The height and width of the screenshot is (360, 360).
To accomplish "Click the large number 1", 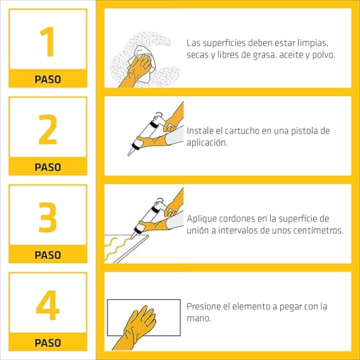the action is coord(47,42).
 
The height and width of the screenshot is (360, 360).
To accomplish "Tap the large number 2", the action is coord(47,130).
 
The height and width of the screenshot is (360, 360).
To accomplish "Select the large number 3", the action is coord(47,217).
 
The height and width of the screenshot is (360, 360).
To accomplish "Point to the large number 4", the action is coord(47,305).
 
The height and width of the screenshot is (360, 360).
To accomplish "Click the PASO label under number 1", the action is coord(47,80).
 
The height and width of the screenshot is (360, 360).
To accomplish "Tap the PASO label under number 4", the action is coord(47,343).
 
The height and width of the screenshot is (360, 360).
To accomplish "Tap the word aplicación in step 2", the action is coord(207,142).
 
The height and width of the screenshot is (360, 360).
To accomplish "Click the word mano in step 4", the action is coord(199,318).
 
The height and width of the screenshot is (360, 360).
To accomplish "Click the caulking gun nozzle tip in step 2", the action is coord(128,155).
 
